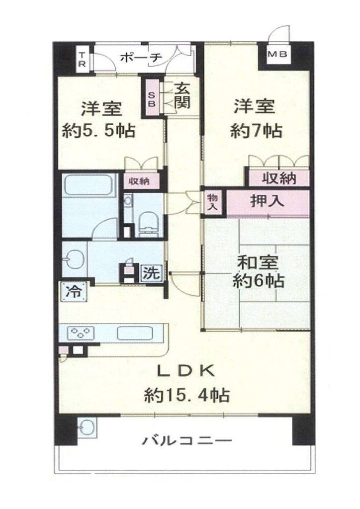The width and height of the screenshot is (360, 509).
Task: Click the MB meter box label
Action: (x=277, y=54)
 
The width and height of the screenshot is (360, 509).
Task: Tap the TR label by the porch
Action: (x=83, y=59)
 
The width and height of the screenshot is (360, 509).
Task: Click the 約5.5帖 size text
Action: (x=98, y=131)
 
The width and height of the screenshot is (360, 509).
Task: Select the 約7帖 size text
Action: (x=256, y=131)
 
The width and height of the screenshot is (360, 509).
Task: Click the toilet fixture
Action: (x=148, y=224)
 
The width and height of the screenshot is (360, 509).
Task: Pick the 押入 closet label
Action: (x=267, y=202)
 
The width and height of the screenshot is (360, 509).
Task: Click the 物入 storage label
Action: (x=213, y=202)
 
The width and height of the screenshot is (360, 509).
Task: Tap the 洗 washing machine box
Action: (x=152, y=273)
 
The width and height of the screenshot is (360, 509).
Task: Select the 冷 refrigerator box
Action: (x=74, y=292)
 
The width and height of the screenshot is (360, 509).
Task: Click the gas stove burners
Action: (x=80, y=333)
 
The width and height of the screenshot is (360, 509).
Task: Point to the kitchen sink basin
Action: (x=135, y=333)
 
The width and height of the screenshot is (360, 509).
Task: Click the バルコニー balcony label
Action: (x=187, y=440)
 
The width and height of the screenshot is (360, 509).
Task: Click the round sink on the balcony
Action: (x=87, y=427)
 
